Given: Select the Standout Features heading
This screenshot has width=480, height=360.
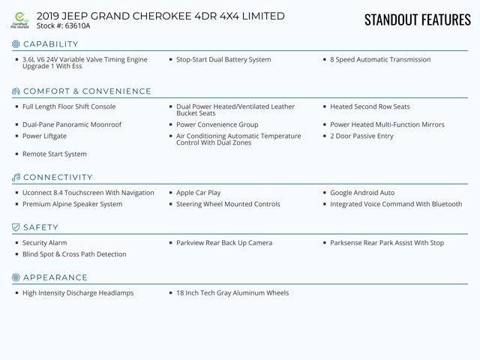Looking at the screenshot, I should click(417, 19).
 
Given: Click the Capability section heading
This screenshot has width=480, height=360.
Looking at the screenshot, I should click(51, 44).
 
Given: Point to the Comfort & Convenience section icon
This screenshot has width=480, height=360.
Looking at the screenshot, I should click(16, 91).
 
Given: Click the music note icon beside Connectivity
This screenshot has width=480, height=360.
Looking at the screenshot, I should click(16, 178).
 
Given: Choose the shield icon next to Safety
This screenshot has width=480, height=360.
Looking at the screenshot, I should click(16, 227).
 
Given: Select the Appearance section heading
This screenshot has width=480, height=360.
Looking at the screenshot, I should click(55, 277).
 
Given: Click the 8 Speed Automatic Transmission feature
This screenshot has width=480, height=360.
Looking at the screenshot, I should click(380, 60).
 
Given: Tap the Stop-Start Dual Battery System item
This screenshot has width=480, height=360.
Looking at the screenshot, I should click(223, 60).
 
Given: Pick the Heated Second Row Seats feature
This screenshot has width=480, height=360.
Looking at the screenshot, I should click(370, 107).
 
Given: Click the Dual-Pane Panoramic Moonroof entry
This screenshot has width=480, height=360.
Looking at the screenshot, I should click(71, 124).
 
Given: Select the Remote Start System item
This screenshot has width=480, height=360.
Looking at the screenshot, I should click(54, 154).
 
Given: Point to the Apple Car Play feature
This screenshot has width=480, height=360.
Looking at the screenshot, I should click(198, 193).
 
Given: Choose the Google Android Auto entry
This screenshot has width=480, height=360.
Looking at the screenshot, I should click(362, 193).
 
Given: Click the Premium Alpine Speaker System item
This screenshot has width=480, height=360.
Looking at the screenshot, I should click(72, 204).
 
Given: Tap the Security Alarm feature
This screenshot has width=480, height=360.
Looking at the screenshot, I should click(44, 243).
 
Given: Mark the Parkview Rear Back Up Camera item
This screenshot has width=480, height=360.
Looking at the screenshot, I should click(224, 243).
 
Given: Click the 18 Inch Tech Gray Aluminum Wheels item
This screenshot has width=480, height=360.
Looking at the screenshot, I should click(232, 293).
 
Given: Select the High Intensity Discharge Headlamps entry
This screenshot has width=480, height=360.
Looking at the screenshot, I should click(78, 293).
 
